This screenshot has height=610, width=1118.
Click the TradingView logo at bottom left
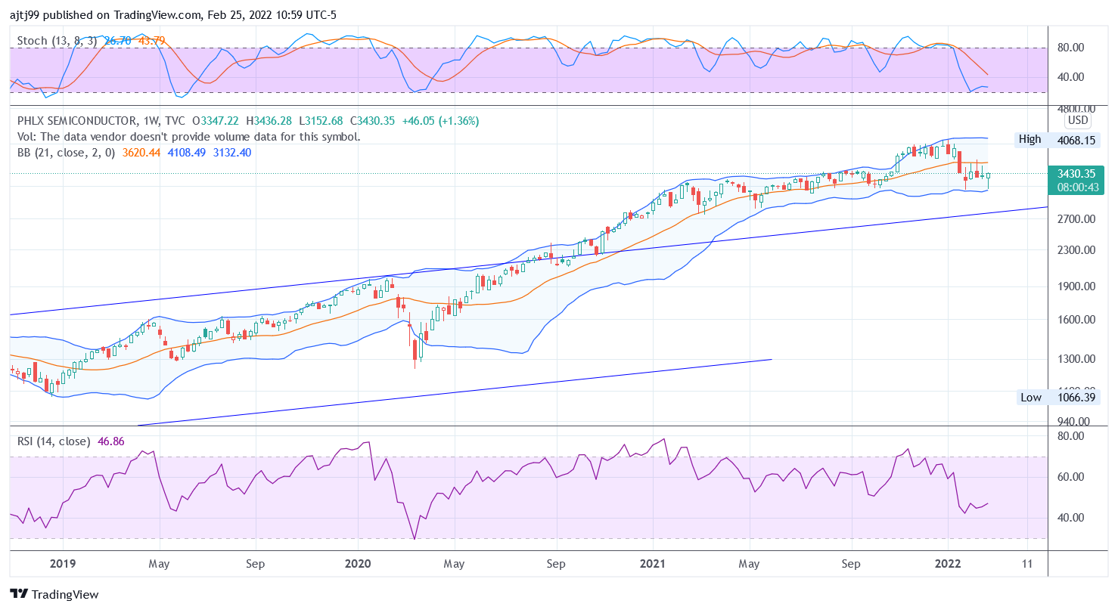54,595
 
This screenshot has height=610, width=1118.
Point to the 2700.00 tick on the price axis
1076,219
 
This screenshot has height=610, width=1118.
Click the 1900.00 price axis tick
1076,286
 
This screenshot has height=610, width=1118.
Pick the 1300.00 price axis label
1076,359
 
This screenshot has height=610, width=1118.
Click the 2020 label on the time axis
357,563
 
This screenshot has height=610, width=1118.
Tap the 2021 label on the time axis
652,563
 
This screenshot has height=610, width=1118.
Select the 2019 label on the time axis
62,563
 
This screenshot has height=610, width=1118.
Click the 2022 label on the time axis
948,563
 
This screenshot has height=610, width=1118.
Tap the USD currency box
1077,120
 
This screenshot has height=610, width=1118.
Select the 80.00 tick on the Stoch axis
1070,48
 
